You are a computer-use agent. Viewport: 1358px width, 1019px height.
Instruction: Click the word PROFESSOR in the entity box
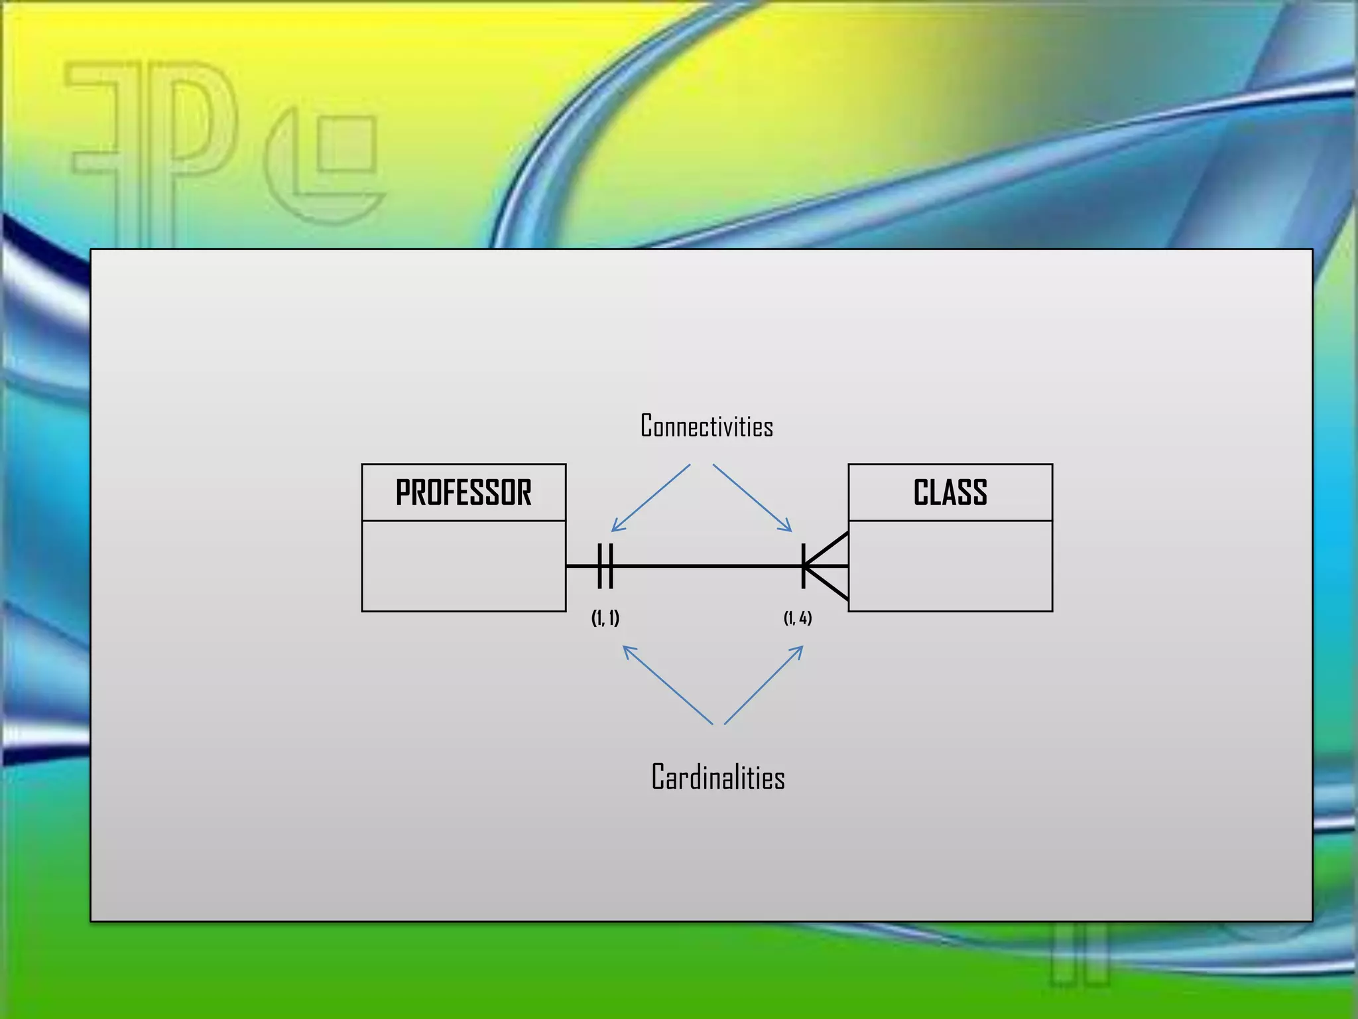coord(463,493)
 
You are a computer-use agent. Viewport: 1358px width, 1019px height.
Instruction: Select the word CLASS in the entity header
coord(950,493)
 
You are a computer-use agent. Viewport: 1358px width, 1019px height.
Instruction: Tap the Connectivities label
coord(706,426)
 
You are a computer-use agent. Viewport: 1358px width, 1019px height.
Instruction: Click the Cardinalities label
coord(717,777)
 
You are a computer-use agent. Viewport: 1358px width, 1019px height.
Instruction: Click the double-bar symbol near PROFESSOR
coord(605,566)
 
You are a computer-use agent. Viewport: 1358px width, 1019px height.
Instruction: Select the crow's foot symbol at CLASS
coord(825,566)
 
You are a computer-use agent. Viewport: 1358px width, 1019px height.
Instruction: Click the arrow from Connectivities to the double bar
coord(650,498)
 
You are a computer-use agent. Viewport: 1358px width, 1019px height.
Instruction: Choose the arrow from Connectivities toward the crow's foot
coord(753,498)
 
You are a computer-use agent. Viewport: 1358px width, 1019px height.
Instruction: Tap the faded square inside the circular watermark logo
coord(347,144)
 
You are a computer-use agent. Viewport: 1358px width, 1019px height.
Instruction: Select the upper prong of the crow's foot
coord(829,547)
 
